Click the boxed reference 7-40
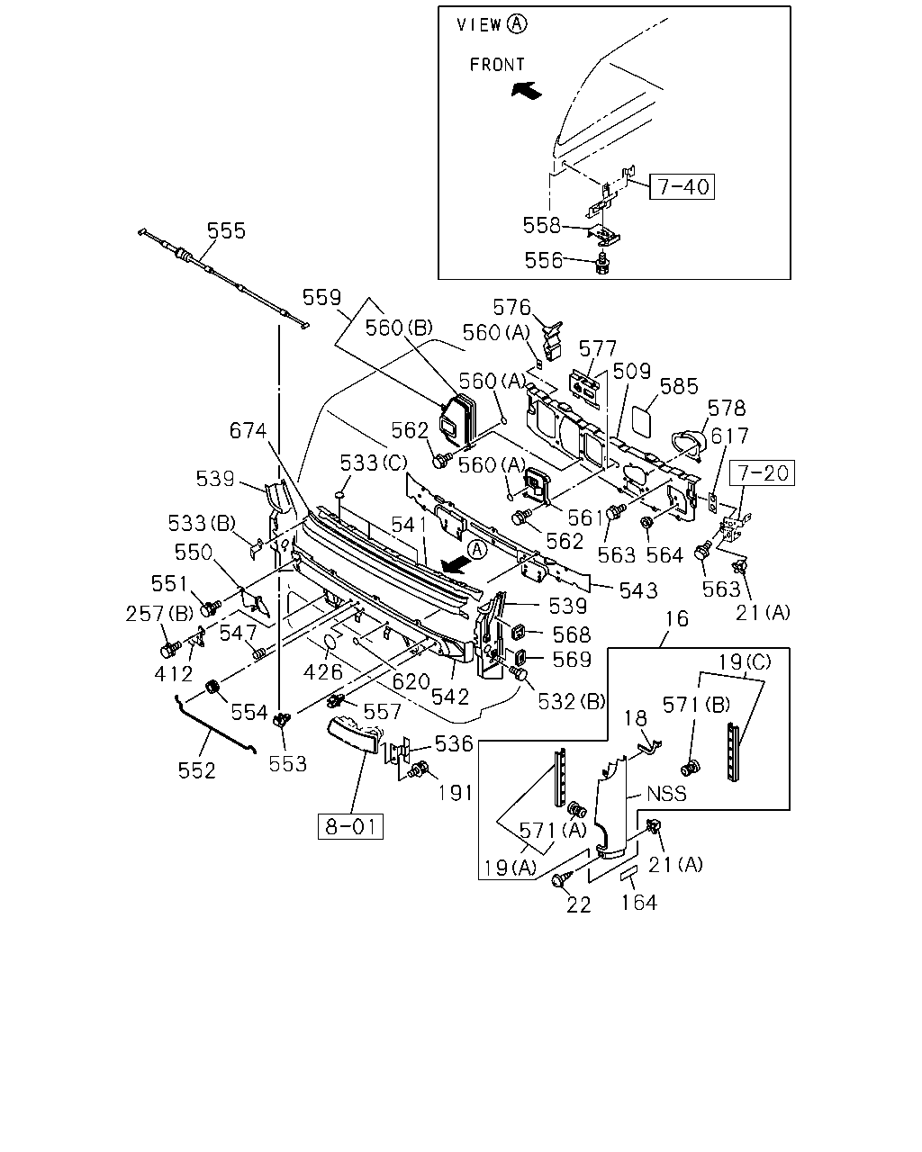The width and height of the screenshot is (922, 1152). [682, 187]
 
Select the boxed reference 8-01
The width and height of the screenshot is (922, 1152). [350, 826]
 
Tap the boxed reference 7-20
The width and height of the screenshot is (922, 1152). [763, 473]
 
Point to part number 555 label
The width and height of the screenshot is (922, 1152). [226, 230]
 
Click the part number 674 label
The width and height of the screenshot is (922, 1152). [248, 430]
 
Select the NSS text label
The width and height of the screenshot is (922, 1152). [666, 793]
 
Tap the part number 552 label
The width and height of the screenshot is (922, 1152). [196, 771]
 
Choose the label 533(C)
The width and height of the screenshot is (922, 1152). [374, 463]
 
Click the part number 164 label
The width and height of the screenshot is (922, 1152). [638, 903]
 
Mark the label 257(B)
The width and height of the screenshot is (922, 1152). [159, 614]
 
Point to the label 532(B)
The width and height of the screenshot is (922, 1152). [572, 702]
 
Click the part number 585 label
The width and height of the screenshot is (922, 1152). [679, 386]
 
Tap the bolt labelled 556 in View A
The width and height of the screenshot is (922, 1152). [603, 265]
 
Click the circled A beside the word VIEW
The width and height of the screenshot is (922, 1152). [517, 23]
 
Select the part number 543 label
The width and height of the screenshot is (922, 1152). [638, 591]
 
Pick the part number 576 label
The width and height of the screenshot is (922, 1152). [511, 307]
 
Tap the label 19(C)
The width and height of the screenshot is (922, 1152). [744, 662]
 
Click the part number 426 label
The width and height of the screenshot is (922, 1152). [322, 671]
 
